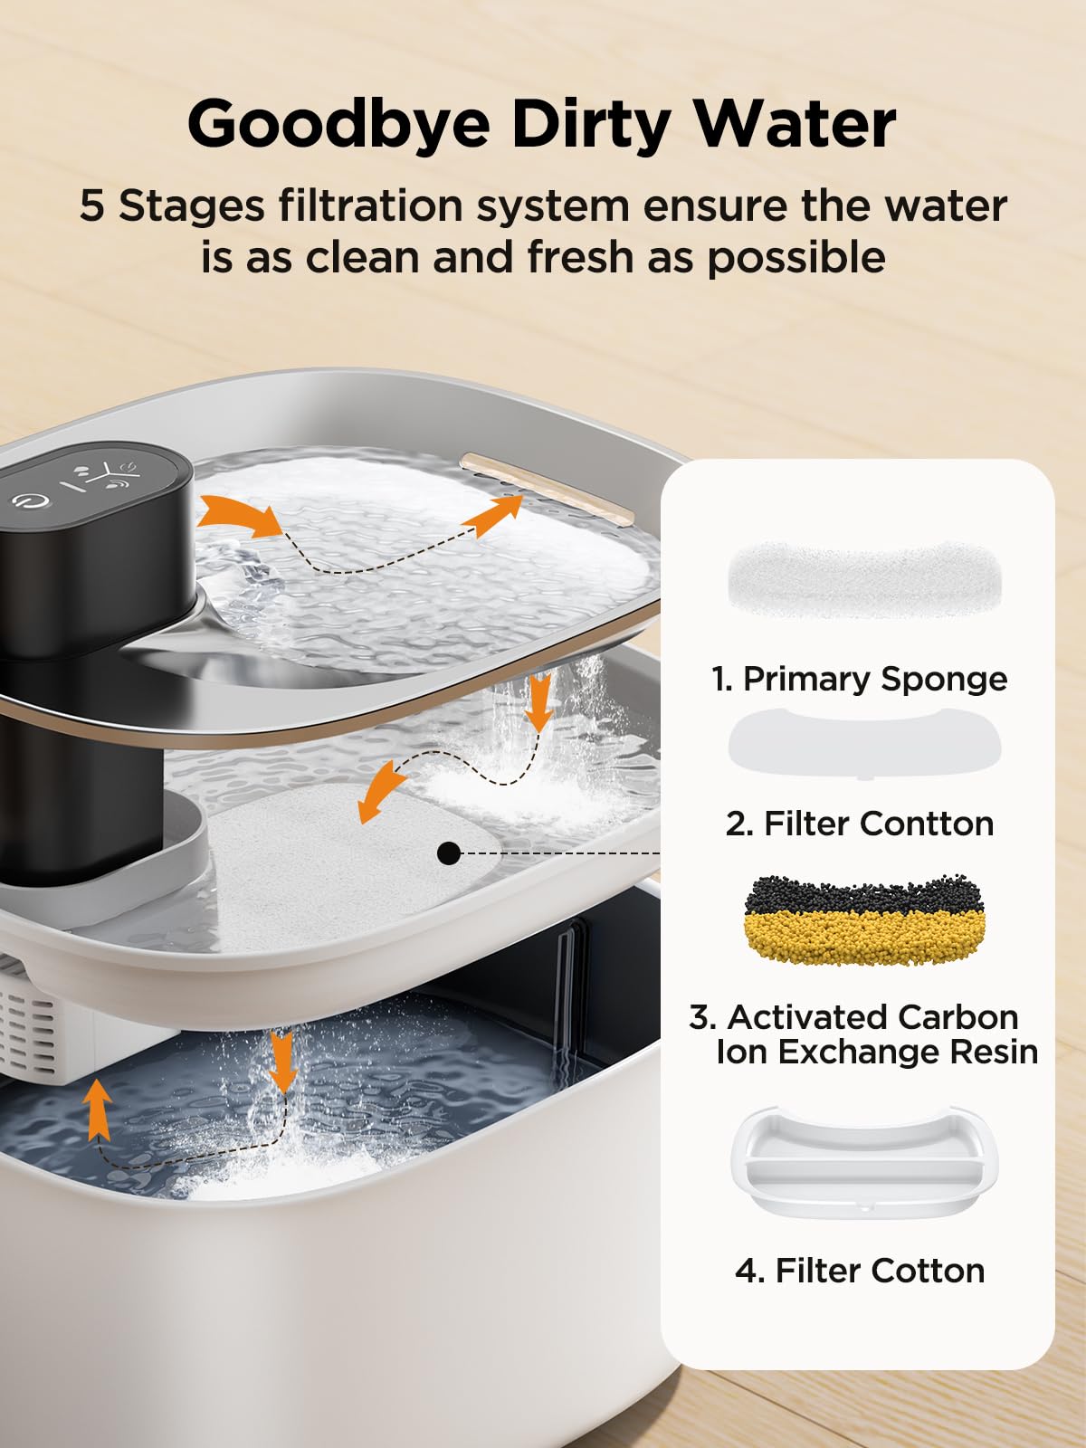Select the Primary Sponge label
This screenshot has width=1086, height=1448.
pos(859,679)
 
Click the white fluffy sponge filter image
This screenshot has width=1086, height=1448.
pos(864,578)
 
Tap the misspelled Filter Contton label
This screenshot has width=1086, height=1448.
pos(859,824)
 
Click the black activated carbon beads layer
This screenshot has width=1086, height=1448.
pos(864,894)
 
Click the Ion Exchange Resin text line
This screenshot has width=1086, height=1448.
pos(875,1052)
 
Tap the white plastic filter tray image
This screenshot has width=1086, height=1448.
pos(864,1163)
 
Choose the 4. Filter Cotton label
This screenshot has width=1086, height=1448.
pos(859,1271)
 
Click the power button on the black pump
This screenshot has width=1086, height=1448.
pos(30,501)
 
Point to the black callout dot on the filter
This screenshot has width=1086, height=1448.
pos(448,853)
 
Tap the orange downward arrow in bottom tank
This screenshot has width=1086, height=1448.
pos(282,1063)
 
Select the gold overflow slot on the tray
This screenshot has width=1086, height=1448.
pos(548,488)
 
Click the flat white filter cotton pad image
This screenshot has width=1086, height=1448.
pos(864,744)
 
